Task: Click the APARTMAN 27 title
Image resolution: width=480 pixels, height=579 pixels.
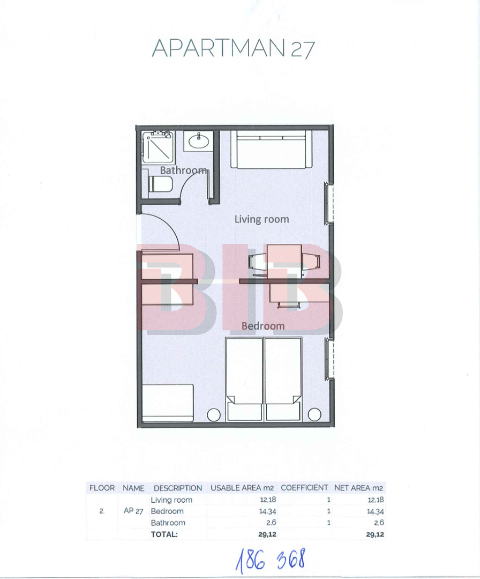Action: click(233, 48)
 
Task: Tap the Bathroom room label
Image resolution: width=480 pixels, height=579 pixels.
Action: click(183, 170)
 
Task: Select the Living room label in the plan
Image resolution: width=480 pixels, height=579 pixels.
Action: click(261, 219)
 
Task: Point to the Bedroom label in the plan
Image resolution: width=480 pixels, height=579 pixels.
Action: click(263, 326)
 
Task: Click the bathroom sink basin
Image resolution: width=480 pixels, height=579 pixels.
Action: click(199, 140)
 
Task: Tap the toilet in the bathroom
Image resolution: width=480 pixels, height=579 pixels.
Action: click(160, 184)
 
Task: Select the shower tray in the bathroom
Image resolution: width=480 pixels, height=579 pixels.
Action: click(158, 147)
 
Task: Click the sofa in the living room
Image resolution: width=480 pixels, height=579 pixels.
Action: click(272, 149)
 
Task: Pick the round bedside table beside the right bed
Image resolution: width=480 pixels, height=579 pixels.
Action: click(314, 414)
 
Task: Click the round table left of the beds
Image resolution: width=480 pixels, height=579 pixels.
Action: click(214, 414)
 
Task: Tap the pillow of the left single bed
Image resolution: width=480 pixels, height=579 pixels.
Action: click(244, 411)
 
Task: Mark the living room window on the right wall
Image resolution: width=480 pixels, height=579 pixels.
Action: click(328, 203)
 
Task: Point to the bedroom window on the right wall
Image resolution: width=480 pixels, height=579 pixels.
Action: click(328, 358)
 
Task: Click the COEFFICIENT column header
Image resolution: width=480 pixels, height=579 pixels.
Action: click(304, 488)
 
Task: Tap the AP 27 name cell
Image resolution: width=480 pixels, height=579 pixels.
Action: click(133, 511)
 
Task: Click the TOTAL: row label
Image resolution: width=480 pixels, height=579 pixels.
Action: click(164, 535)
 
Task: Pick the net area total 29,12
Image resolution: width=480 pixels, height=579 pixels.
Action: click(375, 535)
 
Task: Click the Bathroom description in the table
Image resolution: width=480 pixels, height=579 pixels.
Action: click(168, 523)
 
